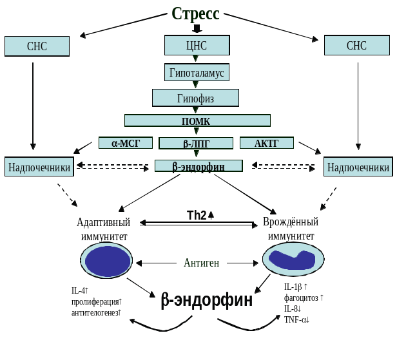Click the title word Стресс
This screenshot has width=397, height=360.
[x=196, y=14]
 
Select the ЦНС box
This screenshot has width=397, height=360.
[x=197, y=45]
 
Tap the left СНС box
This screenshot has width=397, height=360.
[x=37, y=46]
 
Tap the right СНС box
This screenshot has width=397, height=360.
[x=356, y=45]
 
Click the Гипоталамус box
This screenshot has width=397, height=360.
[x=197, y=73]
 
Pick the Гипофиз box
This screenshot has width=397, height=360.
[x=195, y=98]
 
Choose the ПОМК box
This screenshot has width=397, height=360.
[x=197, y=121]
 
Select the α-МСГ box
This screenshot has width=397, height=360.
[x=126, y=143]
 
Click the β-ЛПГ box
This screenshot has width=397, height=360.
[x=195, y=144]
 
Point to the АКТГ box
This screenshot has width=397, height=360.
[x=266, y=143]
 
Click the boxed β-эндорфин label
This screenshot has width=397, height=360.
[x=198, y=166]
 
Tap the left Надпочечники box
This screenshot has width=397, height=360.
[x=39, y=167]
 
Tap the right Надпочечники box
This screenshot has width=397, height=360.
[x=358, y=167]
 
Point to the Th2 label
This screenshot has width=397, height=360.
[x=197, y=215]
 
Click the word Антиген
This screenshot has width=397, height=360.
[x=201, y=263]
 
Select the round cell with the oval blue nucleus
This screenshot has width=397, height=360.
[x=106, y=260]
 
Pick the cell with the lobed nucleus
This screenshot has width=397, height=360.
[x=293, y=259]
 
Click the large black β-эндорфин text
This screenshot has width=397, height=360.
[x=206, y=300]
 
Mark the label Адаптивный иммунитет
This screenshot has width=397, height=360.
[x=103, y=229]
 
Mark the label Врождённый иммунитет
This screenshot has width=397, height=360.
[x=291, y=229]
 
